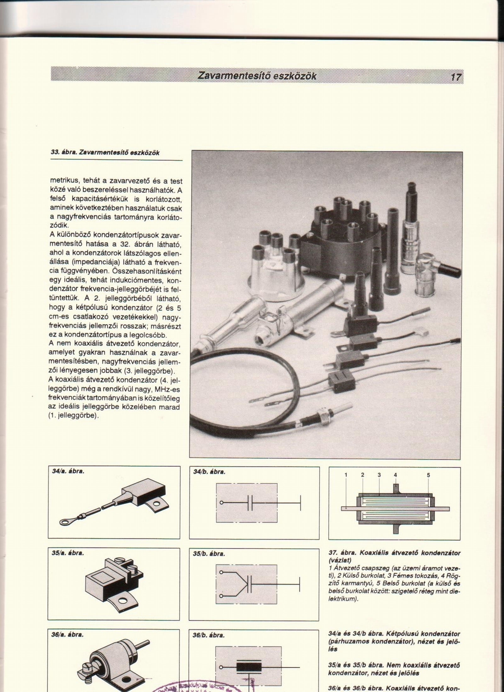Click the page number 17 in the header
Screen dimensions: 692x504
coord(455,77)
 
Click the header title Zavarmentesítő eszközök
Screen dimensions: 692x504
coord(257,76)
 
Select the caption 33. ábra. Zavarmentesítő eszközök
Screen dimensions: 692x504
coord(105,153)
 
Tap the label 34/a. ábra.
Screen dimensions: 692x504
coord(68,471)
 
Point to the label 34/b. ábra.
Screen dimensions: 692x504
coord(209,472)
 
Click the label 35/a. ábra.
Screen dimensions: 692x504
coord(68,553)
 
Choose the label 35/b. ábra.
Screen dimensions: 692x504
coord(209,553)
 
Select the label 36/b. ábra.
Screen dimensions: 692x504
coord(209,635)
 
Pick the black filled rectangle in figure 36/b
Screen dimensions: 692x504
coord(249,667)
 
